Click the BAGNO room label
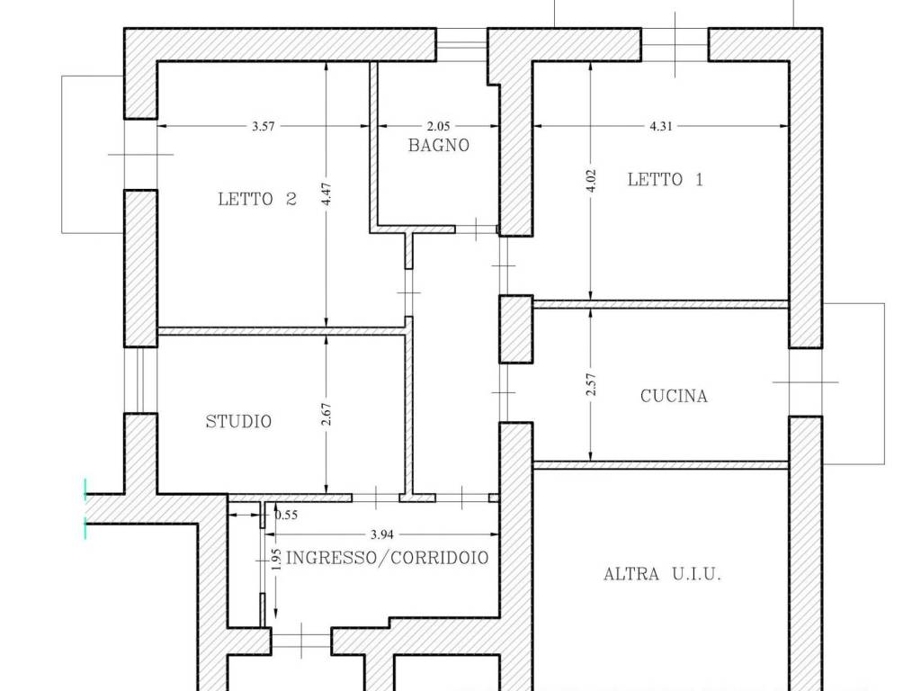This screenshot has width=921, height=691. [439, 145]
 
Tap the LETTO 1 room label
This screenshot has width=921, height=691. [665, 179]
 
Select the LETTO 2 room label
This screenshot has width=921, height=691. [257, 199]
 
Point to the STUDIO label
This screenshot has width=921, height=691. [238, 421]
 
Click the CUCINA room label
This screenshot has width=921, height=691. [674, 396]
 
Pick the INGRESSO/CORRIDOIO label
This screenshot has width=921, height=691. [387, 558]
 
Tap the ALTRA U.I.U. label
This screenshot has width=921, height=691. [662, 573]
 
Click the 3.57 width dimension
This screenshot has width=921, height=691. [264, 126]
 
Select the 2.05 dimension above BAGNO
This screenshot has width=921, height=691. [438, 126]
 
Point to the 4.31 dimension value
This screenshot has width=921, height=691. [661, 126]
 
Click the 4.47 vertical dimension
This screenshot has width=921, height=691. [327, 194]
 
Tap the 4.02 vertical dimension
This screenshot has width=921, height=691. [592, 181]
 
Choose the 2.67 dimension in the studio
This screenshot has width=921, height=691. [327, 414]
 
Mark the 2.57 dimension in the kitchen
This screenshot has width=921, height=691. [592, 384]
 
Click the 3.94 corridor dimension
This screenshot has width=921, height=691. [381, 534]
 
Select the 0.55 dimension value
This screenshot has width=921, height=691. [286, 516]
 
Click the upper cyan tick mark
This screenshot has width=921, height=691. [85, 489]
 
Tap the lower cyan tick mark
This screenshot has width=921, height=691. [85, 528]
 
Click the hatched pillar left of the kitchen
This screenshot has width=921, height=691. [516, 329]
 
